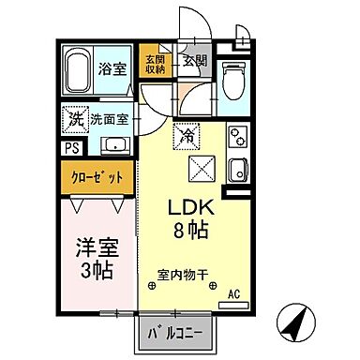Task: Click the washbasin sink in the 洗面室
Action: [117, 145]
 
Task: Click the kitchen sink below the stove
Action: [237, 172]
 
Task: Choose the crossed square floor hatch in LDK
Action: [202, 170]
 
